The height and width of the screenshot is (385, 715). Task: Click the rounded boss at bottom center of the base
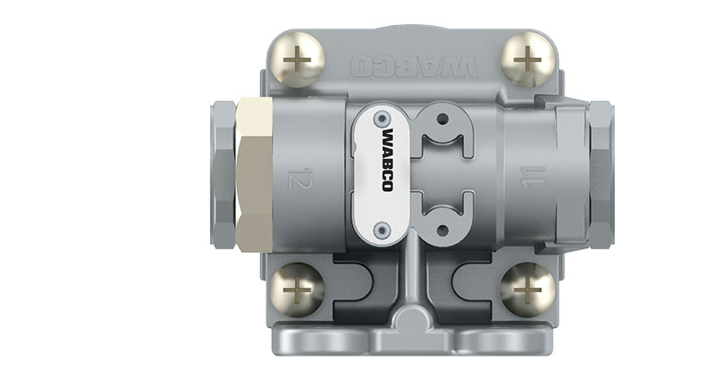coord(413,321)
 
